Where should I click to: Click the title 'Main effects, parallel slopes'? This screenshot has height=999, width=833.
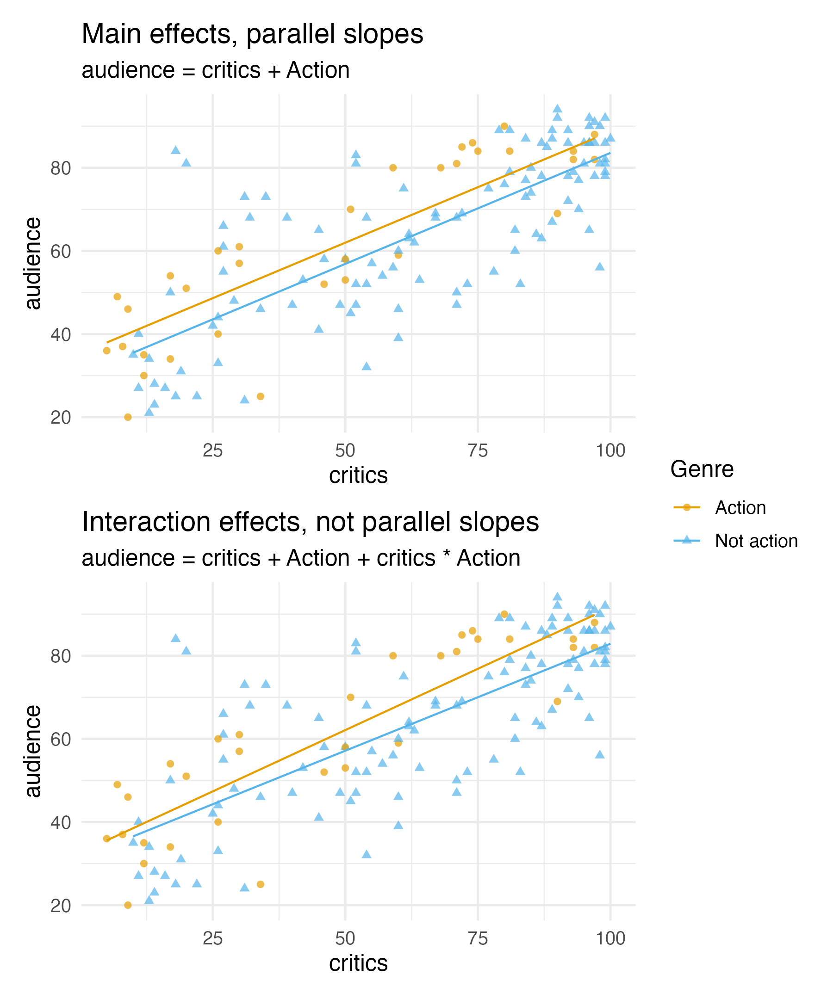point(252,34)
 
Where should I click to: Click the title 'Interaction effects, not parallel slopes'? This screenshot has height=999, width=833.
point(311,522)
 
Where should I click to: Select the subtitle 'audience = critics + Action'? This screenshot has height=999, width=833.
point(216,70)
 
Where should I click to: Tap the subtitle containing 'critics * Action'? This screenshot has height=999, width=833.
point(301,558)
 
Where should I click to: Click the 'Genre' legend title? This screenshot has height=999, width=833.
point(702,469)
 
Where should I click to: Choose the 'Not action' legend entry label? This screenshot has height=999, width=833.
point(756,542)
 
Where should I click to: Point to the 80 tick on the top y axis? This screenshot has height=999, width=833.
point(61,168)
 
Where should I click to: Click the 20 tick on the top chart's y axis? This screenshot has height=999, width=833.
point(61,418)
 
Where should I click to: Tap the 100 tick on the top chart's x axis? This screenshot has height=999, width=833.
point(610,450)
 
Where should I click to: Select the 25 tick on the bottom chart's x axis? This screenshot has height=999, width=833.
point(213,938)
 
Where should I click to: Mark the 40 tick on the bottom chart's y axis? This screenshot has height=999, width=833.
point(61,822)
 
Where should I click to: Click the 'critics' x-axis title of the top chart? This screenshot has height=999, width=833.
point(359,475)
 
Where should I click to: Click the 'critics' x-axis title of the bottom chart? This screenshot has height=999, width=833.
point(359,963)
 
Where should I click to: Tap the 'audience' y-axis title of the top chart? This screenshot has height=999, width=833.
point(33,263)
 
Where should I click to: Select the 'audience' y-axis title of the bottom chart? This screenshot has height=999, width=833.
point(33,751)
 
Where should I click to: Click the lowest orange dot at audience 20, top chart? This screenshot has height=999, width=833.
point(128,417)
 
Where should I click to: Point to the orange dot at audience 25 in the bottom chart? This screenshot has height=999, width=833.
point(261,884)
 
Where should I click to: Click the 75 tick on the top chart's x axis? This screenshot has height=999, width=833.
point(478,450)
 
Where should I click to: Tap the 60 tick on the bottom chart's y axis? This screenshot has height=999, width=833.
point(61,739)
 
